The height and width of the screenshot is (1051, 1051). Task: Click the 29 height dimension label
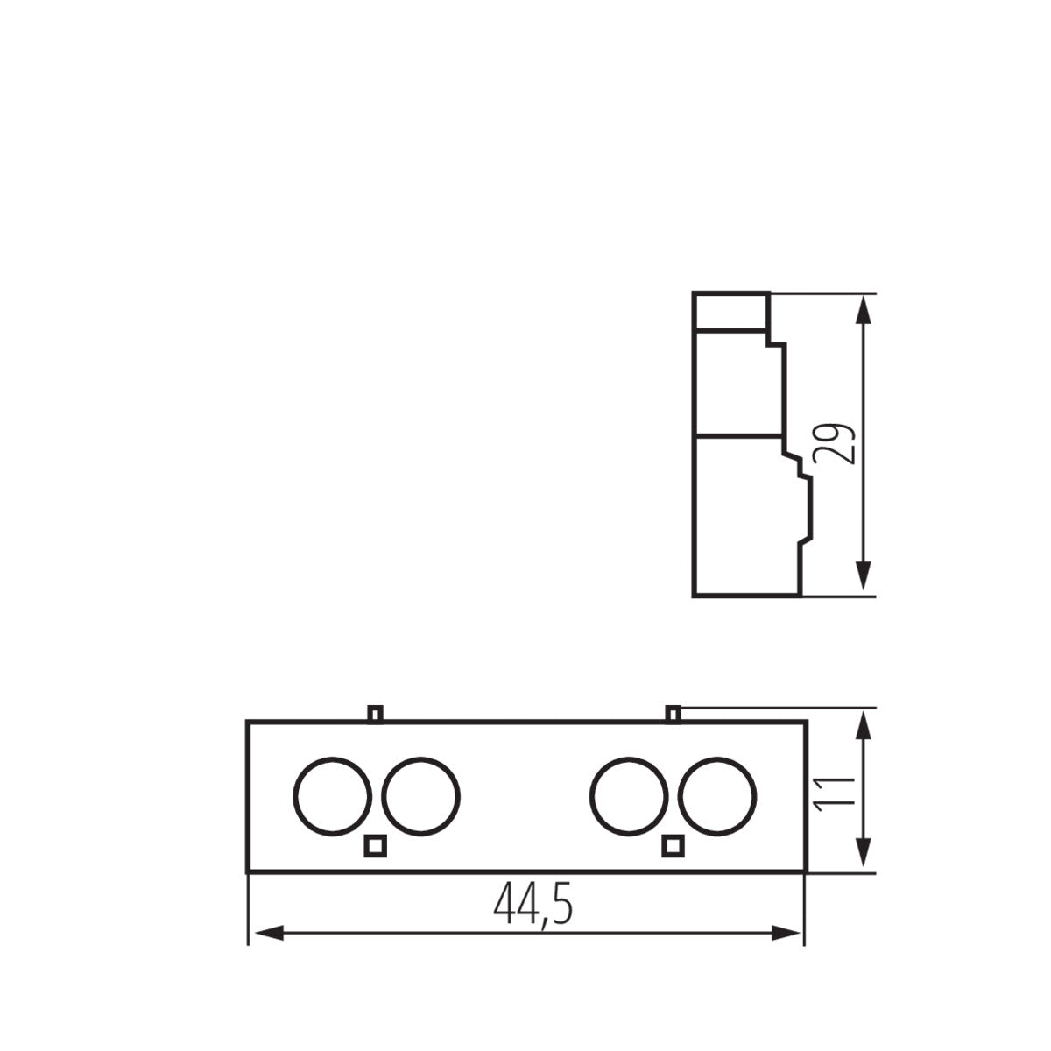pos(833,444)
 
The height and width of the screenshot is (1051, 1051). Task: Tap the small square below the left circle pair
pos(376,845)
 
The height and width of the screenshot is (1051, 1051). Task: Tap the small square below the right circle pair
pos(673,845)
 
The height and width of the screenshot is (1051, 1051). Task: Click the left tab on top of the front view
pos(375,713)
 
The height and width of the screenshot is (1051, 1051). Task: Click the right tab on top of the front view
pos(673,713)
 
